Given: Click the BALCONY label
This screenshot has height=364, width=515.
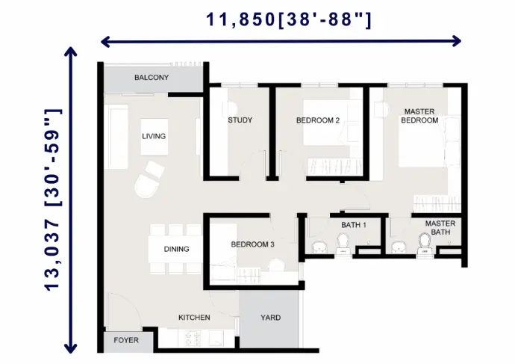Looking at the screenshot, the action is pos(152,78).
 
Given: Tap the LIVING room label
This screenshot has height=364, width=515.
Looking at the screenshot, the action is pos(154,136).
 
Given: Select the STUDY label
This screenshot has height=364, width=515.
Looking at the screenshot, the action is pos(240,120).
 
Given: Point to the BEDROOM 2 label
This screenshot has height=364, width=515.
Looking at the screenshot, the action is pos(318,120).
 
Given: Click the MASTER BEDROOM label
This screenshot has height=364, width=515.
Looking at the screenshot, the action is pos(419,116).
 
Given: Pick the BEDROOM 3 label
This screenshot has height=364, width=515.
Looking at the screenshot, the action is pos(252,244).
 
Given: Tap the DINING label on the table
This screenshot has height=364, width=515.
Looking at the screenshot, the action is pos(176,249).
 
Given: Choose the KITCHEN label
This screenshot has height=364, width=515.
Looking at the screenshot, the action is pos(194,318).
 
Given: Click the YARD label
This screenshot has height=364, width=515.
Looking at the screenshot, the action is pos(271,318).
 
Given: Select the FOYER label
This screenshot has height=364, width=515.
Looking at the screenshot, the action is pos(126,340).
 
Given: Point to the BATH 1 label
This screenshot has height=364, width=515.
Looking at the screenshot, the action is pos(353,225).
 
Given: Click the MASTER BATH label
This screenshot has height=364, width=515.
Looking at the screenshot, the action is pos(440,228).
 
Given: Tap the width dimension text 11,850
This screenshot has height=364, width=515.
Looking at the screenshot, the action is pos(240,19).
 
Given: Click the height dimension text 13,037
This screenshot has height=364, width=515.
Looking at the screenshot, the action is pos(52,256).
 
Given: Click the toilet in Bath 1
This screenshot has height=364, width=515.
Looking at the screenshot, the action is pos(343,244).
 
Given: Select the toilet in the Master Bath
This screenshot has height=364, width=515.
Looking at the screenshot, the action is pos(425,244).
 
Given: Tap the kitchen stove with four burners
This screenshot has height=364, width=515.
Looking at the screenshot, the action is pos(193,339).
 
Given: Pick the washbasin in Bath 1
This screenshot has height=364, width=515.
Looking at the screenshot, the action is pos(319,247).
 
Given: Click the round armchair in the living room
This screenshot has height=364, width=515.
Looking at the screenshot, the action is pos(147,186).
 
